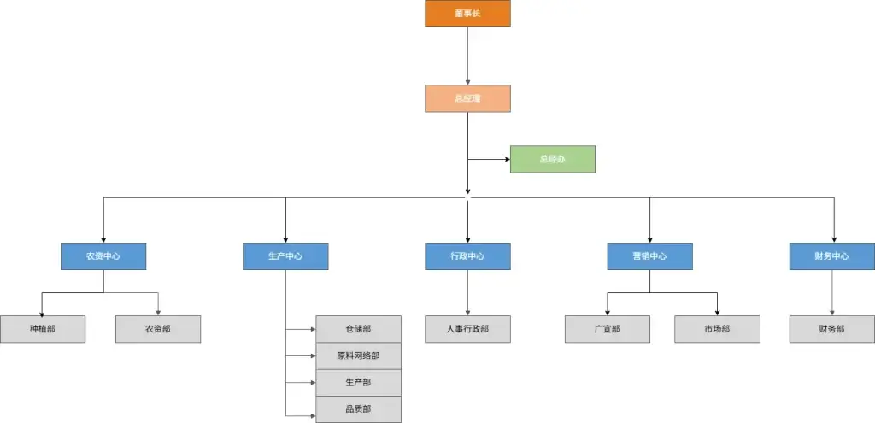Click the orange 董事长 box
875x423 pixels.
coord(467,14)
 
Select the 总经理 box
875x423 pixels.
coord(467,98)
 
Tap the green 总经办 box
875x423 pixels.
coord(552,159)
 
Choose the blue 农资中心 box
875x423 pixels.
coord(103,256)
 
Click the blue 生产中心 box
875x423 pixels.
coord(285,256)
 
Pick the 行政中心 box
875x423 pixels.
coord(467,256)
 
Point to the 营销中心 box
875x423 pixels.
coord(649,256)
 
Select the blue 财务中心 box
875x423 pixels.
coord(831,256)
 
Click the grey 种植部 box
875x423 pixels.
coord(43,329)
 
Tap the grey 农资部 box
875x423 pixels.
coord(158,329)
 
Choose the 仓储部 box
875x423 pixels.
coord(358,328)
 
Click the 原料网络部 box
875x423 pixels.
coord(358,355)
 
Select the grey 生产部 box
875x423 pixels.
coord(358,382)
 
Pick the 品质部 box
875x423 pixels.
coord(358,408)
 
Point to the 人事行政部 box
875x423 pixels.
coord(467,329)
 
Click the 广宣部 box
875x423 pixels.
coord(607,329)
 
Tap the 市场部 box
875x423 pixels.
coord(717,329)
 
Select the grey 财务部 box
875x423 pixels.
coord(831,329)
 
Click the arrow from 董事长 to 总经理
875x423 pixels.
coord(467,56)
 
